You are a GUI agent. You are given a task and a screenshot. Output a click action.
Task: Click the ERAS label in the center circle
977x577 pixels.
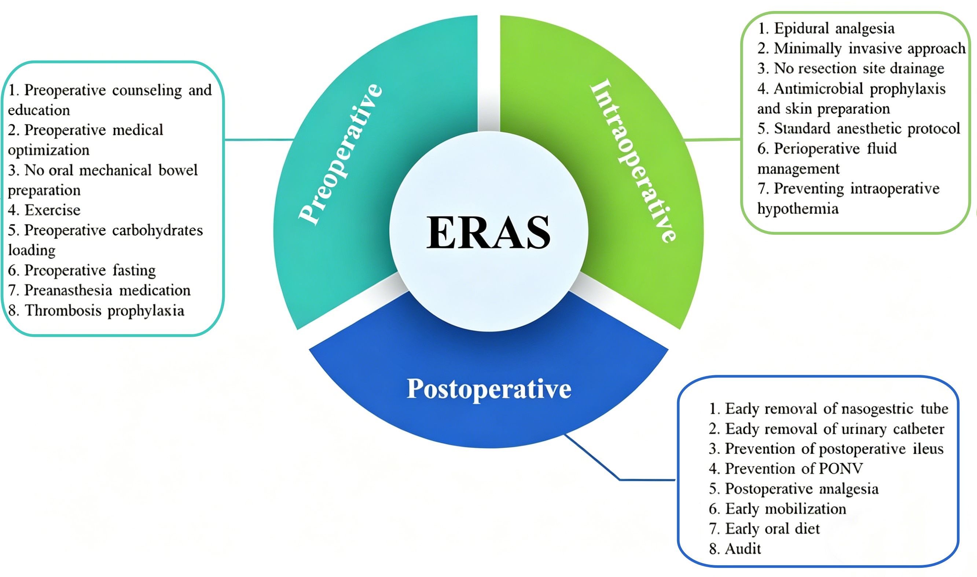(488, 232)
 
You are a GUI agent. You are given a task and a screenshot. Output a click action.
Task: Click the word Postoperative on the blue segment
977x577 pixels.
(489, 388)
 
